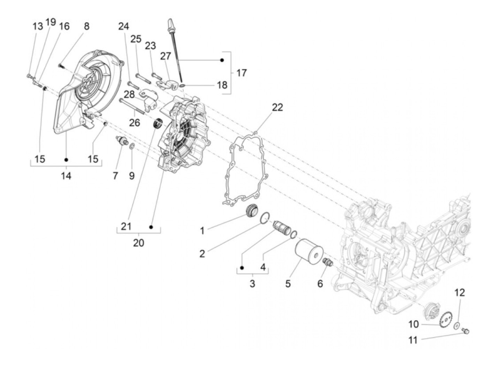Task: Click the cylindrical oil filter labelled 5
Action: [308, 252]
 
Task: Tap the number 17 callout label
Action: [241, 73]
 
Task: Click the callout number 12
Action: [460, 293]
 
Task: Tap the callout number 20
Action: [138, 242]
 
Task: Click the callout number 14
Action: [66, 175]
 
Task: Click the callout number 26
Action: [135, 122]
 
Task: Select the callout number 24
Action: [123, 27]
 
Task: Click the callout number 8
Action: [86, 26]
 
